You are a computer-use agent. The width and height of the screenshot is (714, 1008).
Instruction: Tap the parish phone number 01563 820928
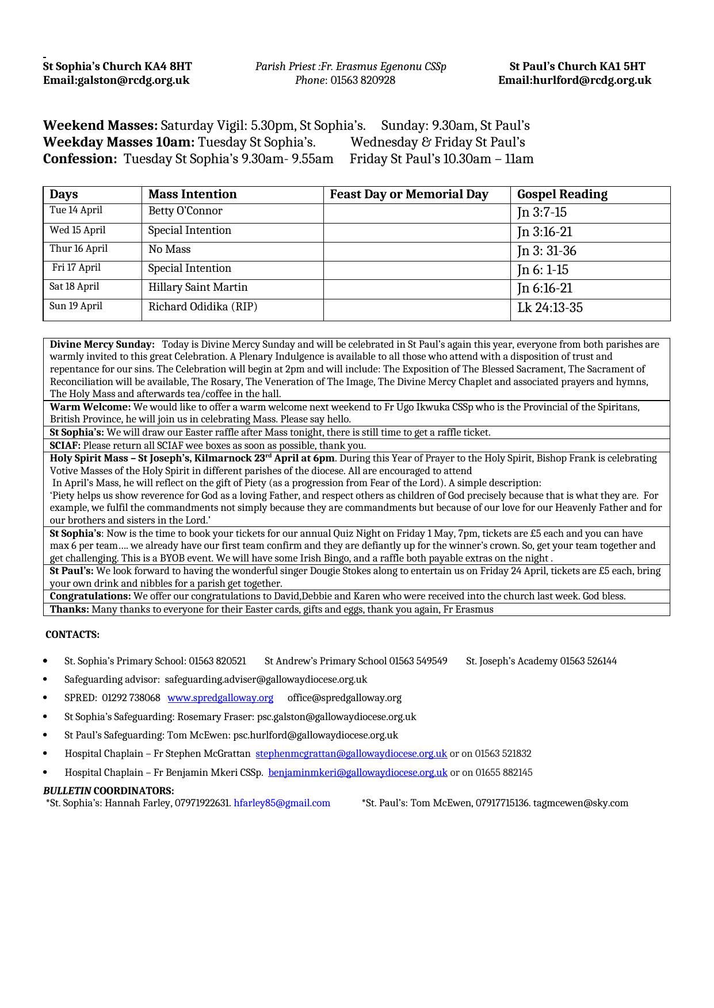click(x=362, y=80)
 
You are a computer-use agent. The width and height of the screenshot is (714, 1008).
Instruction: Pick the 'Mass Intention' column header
click(x=192, y=194)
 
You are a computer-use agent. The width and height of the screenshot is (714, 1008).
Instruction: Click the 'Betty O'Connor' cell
click(x=185, y=211)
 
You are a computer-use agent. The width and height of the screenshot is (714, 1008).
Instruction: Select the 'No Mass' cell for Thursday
click(x=169, y=249)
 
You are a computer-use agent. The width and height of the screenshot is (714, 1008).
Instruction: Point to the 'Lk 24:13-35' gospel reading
click(x=549, y=308)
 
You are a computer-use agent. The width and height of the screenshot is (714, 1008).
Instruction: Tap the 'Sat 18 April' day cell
click(x=74, y=287)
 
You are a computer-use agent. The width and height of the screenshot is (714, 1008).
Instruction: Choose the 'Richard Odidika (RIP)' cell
click(x=203, y=307)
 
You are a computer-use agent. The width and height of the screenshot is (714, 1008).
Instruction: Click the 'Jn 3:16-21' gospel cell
click(x=544, y=232)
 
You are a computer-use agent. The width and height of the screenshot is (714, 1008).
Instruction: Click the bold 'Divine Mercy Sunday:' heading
click(x=102, y=345)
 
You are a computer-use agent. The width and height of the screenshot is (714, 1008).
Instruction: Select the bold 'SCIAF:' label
click(x=65, y=445)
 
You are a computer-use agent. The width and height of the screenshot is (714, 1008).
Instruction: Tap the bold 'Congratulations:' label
click(x=90, y=597)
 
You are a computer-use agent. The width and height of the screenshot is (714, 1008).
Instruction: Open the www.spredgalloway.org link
click(x=220, y=698)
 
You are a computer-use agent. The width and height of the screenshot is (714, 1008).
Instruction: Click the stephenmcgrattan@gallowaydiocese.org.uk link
click(x=351, y=753)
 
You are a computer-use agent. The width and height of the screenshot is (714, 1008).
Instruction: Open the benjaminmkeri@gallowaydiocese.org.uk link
click(x=357, y=772)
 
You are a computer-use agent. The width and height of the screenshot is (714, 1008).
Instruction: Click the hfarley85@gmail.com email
click(x=282, y=803)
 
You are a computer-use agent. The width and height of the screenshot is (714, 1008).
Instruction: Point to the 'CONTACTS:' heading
click(x=72, y=634)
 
